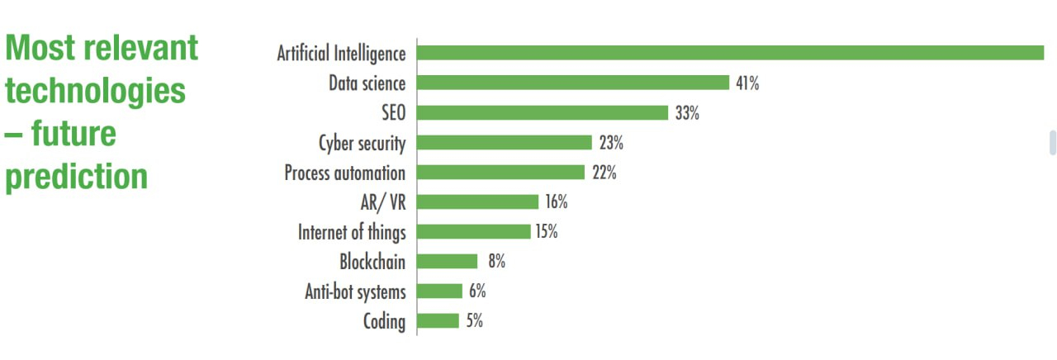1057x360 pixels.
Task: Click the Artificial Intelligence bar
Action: coord(731,53)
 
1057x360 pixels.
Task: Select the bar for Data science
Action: coord(573,83)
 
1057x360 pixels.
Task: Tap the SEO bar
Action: coord(543,112)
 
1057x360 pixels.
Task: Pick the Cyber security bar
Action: coord(505,142)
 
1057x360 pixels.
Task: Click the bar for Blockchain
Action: coord(448,261)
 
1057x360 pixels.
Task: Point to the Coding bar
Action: coord(438,320)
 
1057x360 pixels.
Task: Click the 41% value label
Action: coord(747,83)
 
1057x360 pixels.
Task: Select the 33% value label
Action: coord(687,113)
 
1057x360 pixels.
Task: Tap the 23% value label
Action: coord(611,143)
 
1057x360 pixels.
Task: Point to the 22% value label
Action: coord(604,173)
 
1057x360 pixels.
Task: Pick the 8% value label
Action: coord(496,262)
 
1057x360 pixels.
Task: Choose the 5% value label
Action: coord(474,321)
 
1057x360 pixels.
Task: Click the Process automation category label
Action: coord(345,173)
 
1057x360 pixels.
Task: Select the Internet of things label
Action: coord(352,232)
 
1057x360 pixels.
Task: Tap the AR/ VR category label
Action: coord(378,202)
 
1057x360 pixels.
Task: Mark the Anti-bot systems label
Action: coord(355,291)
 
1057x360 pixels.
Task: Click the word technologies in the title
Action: coord(96,91)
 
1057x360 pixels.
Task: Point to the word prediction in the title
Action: coord(77,177)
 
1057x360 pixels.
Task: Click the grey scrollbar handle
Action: coord(1052,142)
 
